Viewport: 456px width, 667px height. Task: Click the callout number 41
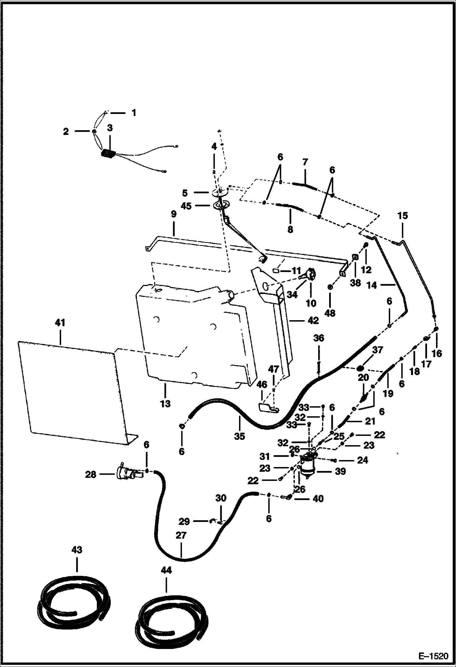tap(60, 323)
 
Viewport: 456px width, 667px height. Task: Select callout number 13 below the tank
tap(165, 404)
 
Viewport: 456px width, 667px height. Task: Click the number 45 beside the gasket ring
tap(186, 206)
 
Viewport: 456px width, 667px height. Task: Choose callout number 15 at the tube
tap(402, 216)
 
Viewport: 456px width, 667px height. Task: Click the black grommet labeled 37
tap(360, 369)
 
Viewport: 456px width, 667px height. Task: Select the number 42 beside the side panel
tap(313, 320)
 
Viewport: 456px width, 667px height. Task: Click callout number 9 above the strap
tap(173, 214)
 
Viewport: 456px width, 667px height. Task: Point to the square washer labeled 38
tap(355, 257)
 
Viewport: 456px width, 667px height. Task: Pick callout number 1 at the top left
tap(133, 113)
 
